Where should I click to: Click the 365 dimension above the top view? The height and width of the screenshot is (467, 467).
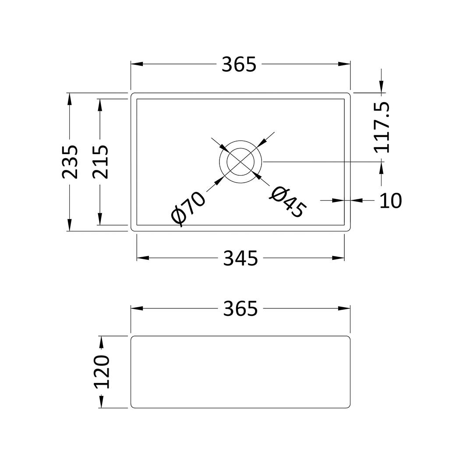(239, 65)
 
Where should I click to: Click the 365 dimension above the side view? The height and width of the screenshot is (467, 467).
(241, 309)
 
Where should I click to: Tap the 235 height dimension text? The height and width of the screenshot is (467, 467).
(70, 162)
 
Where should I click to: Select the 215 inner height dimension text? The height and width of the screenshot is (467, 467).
(100, 162)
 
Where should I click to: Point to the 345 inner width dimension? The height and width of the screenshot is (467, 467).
(241, 258)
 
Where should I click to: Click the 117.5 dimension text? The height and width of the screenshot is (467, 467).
(382, 127)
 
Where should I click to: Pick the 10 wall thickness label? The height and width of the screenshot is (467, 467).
(390, 201)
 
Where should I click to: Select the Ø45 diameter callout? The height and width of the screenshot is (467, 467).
(288, 202)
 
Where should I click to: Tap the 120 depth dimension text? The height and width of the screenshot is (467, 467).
(101, 372)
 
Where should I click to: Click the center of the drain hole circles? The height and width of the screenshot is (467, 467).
(241, 162)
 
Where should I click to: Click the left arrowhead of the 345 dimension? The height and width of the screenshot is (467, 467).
(143, 258)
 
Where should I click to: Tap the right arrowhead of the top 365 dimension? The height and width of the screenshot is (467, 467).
(344, 64)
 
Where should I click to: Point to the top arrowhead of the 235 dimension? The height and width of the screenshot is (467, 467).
(69, 99)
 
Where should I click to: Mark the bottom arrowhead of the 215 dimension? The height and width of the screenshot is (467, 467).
(100, 219)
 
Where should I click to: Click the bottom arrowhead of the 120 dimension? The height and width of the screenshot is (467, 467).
(101, 402)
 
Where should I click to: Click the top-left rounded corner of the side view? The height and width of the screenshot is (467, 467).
(132, 338)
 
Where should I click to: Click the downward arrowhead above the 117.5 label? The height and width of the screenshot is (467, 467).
(382, 87)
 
